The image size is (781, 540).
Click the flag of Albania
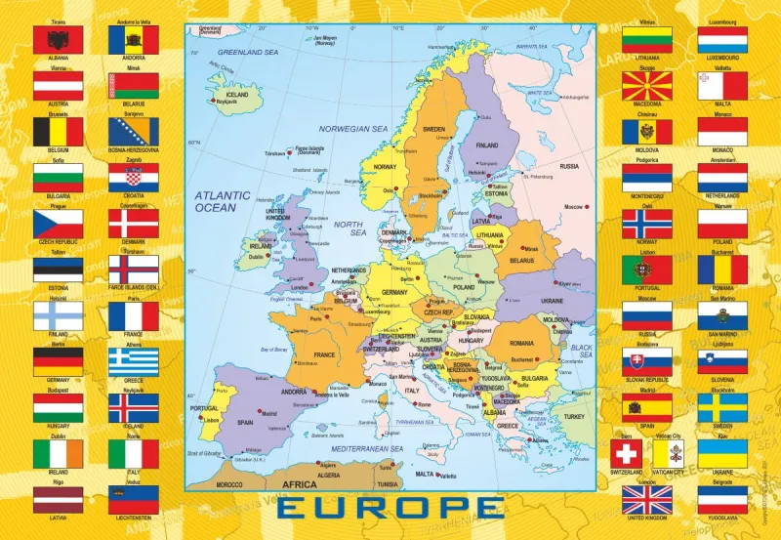pos(58,40)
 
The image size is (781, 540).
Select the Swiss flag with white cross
pos(626,454)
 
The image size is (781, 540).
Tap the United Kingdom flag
pos(647,500)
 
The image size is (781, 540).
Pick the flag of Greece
pos(133,362)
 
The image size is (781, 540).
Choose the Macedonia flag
pos(647,86)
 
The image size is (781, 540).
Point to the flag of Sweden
pos(722,408)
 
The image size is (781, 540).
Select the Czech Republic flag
pos(58,224)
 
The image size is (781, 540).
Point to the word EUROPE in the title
pos(390,509)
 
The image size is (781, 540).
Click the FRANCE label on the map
pos(323,353)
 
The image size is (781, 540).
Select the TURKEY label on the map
pos(573,415)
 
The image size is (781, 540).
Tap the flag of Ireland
pos(58,454)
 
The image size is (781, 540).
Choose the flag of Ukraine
pos(722,454)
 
